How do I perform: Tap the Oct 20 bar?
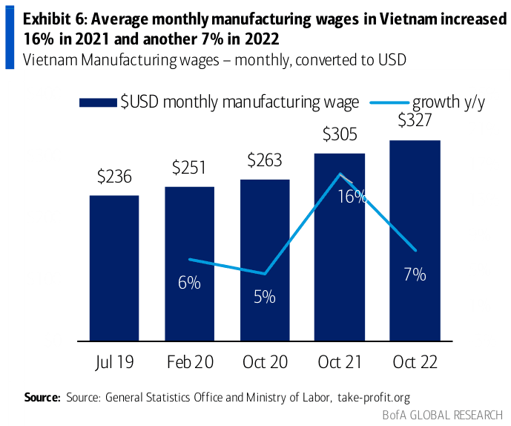[x=265, y=260]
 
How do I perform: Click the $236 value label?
[x=114, y=177]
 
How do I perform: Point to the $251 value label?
[x=189, y=167]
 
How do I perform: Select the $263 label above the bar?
[x=265, y=160]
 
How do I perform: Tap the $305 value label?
[x=340, y=134]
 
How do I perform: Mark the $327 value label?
[x=415, y=120]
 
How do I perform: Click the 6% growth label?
[x=189, y=283]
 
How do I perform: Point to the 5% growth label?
[x=264, y=297]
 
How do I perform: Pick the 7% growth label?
[x=415, y=275]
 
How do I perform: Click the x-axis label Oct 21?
[x=340, y=363]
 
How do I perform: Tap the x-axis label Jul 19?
[x=114, y=363]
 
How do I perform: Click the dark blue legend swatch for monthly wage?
[x=98, y=102]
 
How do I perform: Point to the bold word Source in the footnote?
[x=42, y=397]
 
